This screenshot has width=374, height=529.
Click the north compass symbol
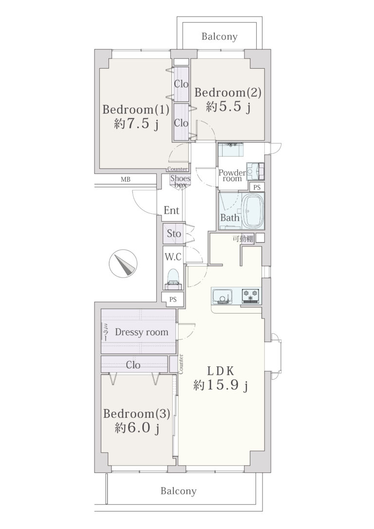[123, 264]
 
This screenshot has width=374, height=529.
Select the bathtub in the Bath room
[253, 211]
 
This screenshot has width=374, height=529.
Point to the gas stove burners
[251, 296]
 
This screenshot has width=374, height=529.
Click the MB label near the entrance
[126, 179]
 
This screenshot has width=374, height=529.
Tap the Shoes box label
[180, 182]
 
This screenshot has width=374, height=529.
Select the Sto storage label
[174, 233]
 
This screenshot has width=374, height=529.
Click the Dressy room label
[142, 332]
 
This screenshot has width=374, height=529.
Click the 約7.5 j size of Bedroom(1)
[136, 124]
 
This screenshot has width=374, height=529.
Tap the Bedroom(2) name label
[228, 93]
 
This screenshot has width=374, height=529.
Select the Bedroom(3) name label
[136, 414]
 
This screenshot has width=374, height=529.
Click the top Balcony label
[220, 37]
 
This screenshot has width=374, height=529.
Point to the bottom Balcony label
[178, 491]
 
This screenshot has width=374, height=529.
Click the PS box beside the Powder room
[257, 187]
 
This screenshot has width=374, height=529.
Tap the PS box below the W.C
[173, 299]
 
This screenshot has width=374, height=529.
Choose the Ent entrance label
[171, 210]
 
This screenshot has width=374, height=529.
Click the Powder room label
[232, 176]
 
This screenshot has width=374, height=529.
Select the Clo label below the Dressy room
[133, 365]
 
